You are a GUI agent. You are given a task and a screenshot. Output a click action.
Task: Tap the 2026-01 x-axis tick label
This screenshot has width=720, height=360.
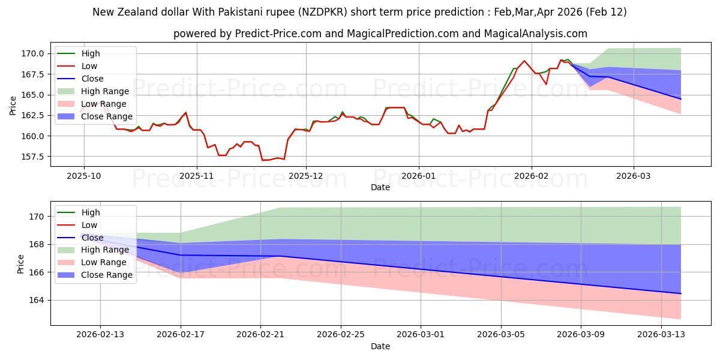[x=418, y=176]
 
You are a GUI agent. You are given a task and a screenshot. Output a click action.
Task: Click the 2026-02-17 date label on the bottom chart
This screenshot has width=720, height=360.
[x=181, y=335]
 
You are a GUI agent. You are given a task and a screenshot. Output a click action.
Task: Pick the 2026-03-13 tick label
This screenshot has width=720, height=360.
[x=661, y=335]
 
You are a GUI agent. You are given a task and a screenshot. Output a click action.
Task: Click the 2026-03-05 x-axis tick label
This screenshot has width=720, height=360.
[x=501, y=335]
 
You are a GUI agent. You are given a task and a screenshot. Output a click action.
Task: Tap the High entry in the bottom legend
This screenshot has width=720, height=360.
[x=91, y=212]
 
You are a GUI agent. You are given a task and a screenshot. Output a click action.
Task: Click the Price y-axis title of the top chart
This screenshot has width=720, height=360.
[x=13, y=105]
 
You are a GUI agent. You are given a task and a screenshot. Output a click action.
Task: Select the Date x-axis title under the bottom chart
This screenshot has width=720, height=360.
[x=380, y=346]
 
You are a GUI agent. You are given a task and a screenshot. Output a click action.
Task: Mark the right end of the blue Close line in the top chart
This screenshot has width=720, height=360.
[x=681, y=99]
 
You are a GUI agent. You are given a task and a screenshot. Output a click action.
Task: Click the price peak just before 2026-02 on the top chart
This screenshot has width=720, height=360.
[x=524, y=61]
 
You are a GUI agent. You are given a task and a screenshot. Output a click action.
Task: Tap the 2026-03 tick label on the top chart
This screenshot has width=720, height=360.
[x=634, y=176]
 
